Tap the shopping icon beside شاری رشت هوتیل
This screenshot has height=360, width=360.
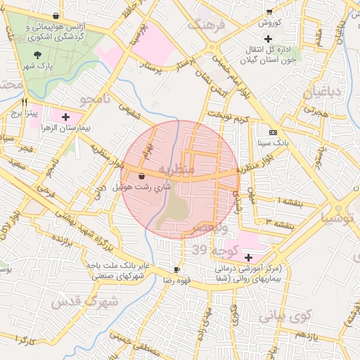(x=143, y=176)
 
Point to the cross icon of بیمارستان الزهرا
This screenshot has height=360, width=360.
(x=66, y=117)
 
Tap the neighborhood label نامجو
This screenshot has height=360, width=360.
(x=96, y=97)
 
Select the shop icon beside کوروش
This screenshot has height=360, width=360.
(x=269, y=11)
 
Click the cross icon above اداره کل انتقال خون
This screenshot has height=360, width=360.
(x=288, y=37)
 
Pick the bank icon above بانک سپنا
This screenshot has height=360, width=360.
(x=273, y=131)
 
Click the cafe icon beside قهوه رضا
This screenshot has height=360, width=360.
(x=176, y=269)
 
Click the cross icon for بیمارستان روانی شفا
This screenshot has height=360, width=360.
(x=248, y=257)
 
